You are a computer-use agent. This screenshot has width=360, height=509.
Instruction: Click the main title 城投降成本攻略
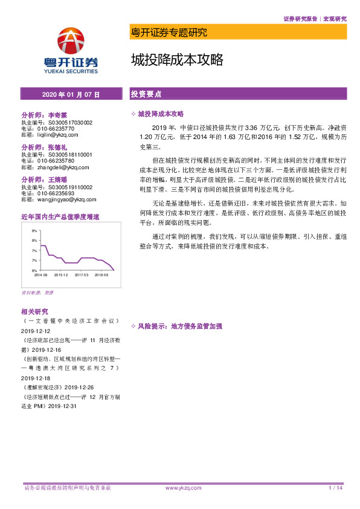(x=177, y=60)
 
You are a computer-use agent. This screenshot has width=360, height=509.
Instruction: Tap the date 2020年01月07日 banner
(x=71, y=95)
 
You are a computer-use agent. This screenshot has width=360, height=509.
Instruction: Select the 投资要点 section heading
(x=147, y=94)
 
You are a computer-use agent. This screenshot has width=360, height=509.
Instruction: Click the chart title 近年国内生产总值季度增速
(x=60, y=216)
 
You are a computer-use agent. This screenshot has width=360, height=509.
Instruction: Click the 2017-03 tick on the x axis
(x=82, y=274)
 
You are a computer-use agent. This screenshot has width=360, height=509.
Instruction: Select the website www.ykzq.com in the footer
(x=182, y=487)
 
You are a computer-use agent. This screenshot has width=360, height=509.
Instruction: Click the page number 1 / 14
(x=335, y=487)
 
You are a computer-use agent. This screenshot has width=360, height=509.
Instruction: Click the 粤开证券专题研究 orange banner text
(x=169, y=32)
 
